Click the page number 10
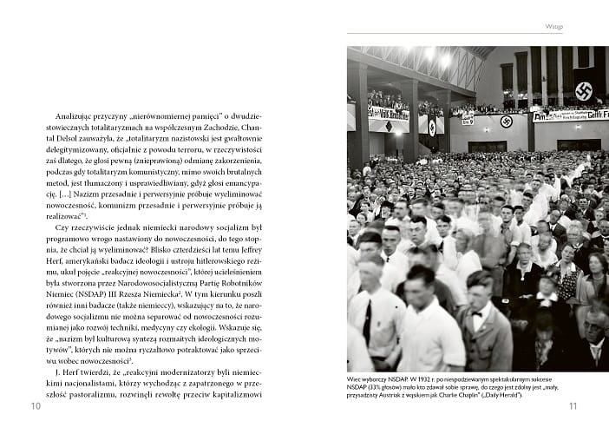[36, 405]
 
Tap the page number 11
[573, 405]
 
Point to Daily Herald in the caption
[506, 395]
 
